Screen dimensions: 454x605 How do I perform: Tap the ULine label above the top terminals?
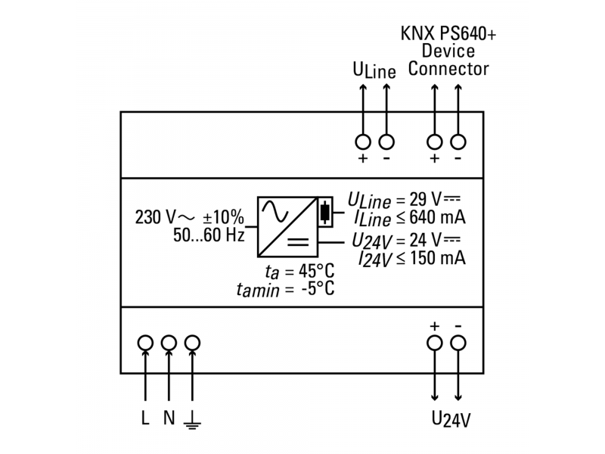click(374, 71)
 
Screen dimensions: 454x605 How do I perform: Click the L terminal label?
click(145, 418)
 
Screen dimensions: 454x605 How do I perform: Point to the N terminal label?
click(169, 418)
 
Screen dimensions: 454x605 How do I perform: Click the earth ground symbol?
click(194, 419)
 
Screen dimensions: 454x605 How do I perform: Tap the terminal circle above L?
click(145, 343)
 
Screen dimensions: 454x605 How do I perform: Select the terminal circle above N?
click(169, 343)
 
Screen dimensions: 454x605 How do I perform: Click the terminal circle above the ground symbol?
click(193, 343)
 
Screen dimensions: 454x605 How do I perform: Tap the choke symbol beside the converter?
click(325, 213)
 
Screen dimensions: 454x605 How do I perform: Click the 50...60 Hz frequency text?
click(208, 235)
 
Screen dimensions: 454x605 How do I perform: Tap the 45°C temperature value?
click(315, 272)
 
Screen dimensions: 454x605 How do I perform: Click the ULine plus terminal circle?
click(363, 141)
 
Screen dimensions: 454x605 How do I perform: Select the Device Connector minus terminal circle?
click(458, 141)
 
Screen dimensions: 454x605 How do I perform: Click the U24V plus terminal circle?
click(435, 343)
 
